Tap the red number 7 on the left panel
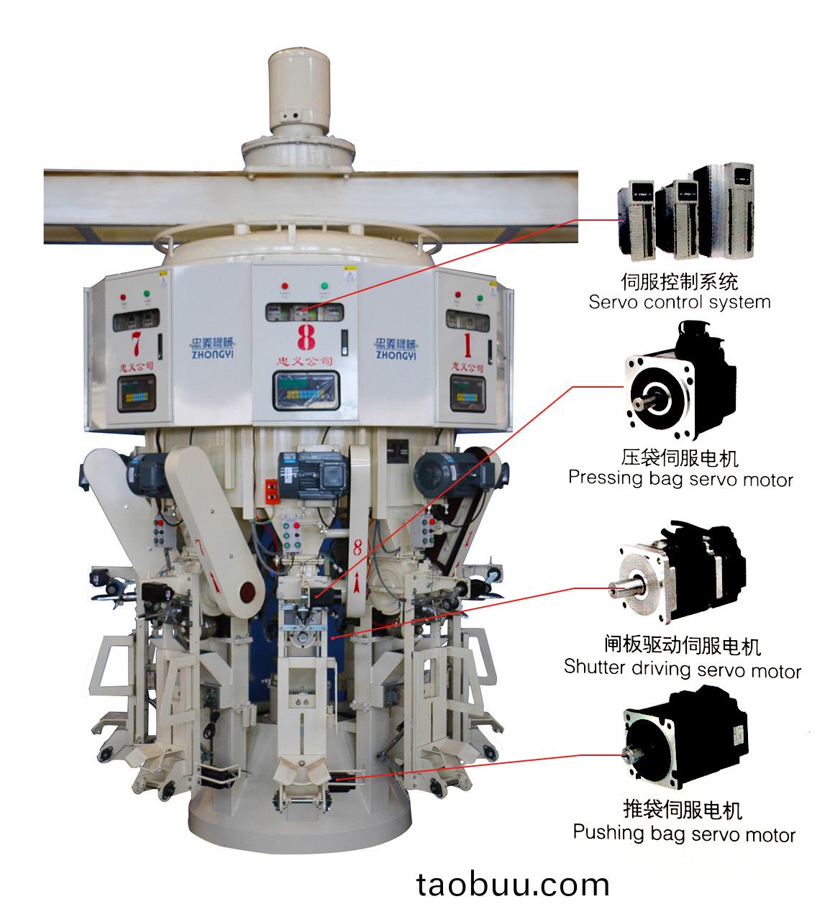coord(134,341)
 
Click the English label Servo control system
coord(679,302)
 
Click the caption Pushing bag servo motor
coord(683,834)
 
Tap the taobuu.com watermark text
coord(513,884)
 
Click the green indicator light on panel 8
coord(324,286)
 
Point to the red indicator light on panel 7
coord(122,296)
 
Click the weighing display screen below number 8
coord(305,391)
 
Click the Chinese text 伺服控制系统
coord(679,280)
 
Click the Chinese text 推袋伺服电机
coord(682,810)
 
